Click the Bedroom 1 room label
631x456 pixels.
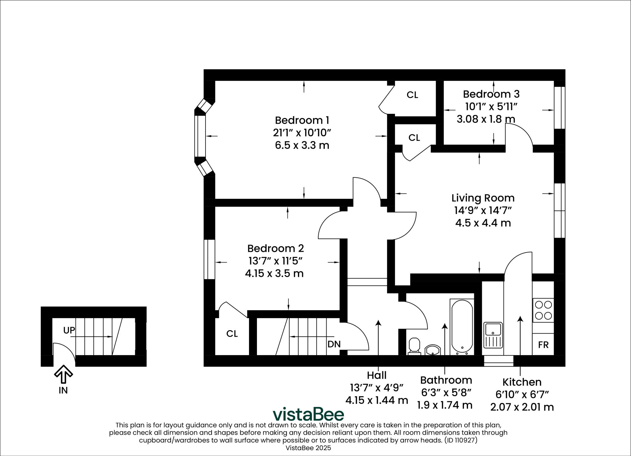(x=302, y=120)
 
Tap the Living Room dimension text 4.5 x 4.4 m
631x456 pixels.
(x=483, y=223)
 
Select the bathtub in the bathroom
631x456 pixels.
(x=462, y=326)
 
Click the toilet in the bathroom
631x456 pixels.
(x=414, y=346)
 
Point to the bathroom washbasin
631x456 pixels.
(x=433, y=350)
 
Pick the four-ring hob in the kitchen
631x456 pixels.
(x=543, y=310)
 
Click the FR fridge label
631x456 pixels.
(x=543, y=345)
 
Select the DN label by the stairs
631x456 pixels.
(x=334, y=344)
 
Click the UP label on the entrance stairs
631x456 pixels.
(x=69, y=331)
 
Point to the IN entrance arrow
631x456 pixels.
(x=63, y=374)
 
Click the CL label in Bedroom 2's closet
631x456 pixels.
(x=232, y=334)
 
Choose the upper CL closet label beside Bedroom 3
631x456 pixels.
(x=412, y=95)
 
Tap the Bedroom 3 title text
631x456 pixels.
(x=491, y=94)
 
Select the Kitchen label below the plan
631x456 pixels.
(x=522, y=382)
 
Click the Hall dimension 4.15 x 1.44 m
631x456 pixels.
(x=377, y=401)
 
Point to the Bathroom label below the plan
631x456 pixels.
(x=446, y=380)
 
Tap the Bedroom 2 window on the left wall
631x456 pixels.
(x=210, y=259)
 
